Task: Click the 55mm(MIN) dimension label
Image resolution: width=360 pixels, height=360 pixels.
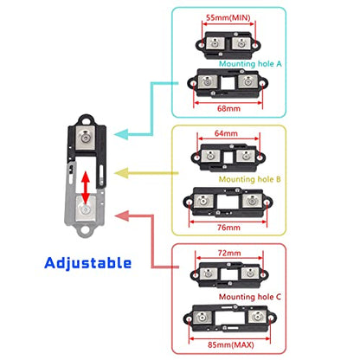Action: pos(228,17)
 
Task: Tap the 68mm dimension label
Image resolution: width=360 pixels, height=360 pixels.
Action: pos(228,108)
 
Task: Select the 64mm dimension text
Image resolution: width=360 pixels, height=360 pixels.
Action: pos(226,133)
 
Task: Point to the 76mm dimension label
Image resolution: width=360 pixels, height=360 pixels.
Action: pos(228,228)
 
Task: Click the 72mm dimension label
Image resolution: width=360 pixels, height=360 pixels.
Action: pos(229,253)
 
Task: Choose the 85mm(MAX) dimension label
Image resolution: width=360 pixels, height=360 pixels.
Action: pos(231,344)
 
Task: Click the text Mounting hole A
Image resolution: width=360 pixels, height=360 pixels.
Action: pos(250,63)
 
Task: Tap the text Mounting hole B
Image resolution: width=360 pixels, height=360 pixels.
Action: pos(249,179)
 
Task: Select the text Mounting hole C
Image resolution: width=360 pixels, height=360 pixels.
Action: pos(250,297)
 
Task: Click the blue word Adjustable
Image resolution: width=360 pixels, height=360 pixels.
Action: pos(88,263)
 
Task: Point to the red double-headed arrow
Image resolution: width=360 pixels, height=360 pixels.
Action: pos(86,188)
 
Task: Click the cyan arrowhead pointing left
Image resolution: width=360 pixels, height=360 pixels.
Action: pos(121,134)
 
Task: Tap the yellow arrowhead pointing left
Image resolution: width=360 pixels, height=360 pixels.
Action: pos(121,173)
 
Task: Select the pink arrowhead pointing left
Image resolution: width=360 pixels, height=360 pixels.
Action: pos(122,215)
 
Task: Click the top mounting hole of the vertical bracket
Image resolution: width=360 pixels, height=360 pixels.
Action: pos(86,119)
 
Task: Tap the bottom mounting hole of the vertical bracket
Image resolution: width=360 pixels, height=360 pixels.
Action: pos(85,230)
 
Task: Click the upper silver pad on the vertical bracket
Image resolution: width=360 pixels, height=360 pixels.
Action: pos(86,138)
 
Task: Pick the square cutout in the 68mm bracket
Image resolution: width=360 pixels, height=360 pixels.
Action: pos(228,83)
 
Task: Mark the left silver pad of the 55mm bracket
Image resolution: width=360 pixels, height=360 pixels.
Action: pos(215,43)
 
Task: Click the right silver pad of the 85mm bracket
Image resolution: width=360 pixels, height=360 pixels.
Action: pos(257,317)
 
